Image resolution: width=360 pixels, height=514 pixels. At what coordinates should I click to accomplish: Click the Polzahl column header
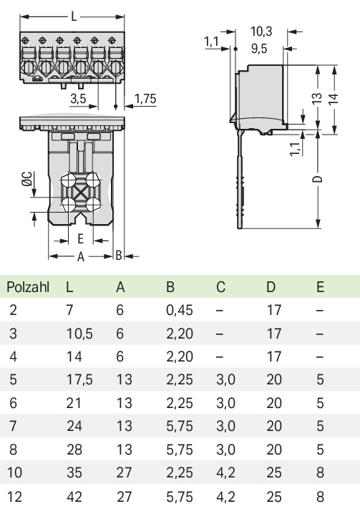click(x=28, y=287)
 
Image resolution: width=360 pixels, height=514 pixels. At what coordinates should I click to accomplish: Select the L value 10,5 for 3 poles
click(x=79, y=334)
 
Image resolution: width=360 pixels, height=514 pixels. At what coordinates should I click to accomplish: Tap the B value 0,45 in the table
click(x=180, y=310)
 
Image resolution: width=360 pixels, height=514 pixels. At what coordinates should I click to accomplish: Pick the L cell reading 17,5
click(x=79, y=379)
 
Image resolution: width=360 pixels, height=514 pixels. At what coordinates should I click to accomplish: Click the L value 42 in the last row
click(x=74, y=497)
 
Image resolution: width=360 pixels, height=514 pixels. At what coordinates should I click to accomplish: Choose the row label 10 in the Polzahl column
click(x=14, y=472)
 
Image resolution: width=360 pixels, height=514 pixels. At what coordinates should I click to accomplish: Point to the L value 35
click(x=74, y=472)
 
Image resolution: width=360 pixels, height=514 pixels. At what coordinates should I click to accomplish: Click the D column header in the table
click(x=271, y=287)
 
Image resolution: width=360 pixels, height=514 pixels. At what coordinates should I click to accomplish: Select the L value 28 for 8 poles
click(x=74, y=450)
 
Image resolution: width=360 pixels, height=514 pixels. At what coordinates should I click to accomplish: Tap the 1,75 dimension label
click(x=145, y=99)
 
